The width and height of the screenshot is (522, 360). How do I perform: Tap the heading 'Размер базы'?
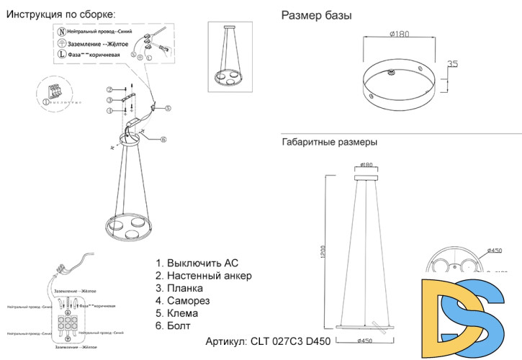pos(316,15)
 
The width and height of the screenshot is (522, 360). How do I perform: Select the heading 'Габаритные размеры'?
pos(328,143)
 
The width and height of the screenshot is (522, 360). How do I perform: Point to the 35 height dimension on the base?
pos(452,64)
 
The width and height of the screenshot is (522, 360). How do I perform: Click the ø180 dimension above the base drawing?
pos(400,34)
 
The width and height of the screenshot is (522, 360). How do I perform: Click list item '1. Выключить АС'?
pos(197,263)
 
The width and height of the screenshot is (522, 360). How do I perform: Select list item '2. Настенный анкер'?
pos(204,276)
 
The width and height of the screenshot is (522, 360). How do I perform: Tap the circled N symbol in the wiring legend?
pos(61,32)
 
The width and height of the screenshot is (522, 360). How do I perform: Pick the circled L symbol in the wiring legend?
pos(61,54)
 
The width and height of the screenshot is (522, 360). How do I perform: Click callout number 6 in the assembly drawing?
pos(163,139)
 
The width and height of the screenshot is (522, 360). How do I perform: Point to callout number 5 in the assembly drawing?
pos(167,109)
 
